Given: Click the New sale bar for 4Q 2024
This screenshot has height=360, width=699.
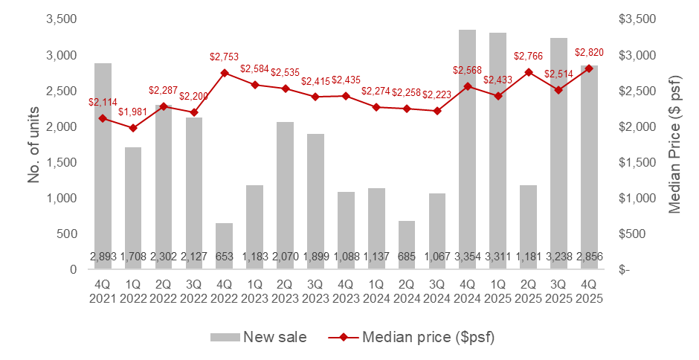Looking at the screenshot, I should pyautogui.click(x=467, y=149).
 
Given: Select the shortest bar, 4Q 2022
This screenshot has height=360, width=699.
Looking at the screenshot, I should pyautogui.click(x=224, y=245).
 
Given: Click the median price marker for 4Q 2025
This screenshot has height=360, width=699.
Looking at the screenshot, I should pyautogui.click(x=589, y=68).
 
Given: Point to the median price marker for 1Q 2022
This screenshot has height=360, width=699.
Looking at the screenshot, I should pyautogui.click(x=133, y=128).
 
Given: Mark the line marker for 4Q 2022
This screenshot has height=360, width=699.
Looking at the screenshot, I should pyautogui.click(x=224, y=73).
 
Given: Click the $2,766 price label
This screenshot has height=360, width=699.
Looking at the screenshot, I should pyautogui.click(x=529, y=56).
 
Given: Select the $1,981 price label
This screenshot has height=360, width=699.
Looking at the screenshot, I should pyautogui.click(x=134, y=112).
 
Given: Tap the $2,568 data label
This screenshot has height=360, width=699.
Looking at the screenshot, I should pyautogui.click(x=467, y=70).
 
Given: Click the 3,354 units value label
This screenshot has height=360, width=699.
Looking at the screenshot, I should pyautogui.click(x=467, y=257).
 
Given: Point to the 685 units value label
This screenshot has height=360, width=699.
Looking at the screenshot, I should pyautogui.click(x=406, y=257).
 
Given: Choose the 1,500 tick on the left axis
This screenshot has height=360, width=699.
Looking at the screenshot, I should pyautogui.click(x=62, y=163).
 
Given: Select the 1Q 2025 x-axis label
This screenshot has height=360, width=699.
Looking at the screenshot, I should pyautogui.click(x=497, y=291).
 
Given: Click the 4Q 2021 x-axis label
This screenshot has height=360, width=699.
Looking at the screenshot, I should pyautogui.click(x=103, y=291).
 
